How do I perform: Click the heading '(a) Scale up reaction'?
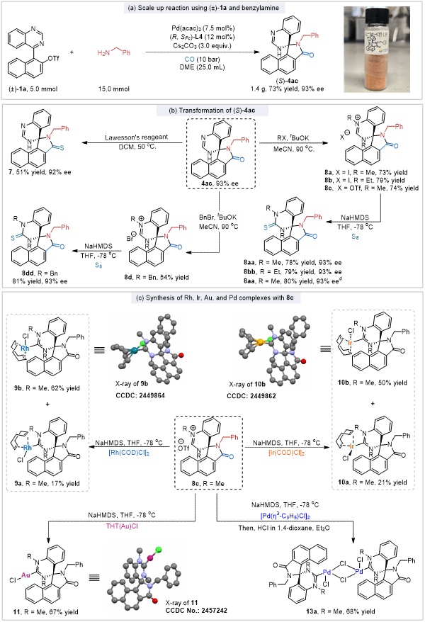pos(212,8)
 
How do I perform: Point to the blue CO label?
pos(190,60)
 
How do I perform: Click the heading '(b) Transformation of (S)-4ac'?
pos(212,111)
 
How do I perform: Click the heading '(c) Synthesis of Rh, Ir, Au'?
pos(212,298)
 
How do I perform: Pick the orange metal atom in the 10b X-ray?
pos(260,343)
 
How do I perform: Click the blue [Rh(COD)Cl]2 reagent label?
pos(129,452)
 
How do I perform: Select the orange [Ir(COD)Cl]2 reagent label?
pos(290,452)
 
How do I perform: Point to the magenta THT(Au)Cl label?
pos(126,526)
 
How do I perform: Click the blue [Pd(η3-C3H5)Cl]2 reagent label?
pos(285,516)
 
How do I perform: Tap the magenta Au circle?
pos(25,575)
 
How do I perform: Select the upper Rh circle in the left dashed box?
pos(25,349)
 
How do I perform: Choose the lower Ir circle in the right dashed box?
pos(352,446)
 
